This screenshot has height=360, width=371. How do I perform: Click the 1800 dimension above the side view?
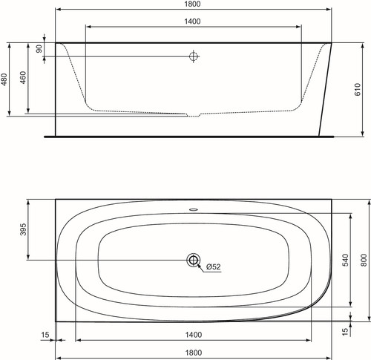(192, 4)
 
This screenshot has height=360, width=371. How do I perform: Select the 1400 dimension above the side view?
(192, 22)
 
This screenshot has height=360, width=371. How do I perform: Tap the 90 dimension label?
(39, 49)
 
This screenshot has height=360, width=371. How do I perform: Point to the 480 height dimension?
(4, 79)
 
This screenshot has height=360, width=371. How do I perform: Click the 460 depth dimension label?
(23, 77)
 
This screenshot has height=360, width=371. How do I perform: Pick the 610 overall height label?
(358, 90)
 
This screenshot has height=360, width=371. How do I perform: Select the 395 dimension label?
(23, 229)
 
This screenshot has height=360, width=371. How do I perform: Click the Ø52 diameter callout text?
(213, 267)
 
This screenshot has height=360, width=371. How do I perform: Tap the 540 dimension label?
(346, 260)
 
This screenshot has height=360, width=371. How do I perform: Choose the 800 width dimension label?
(364, 260)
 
